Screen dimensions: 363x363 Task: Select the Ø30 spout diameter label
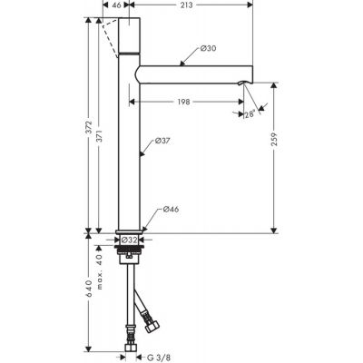point(207,48)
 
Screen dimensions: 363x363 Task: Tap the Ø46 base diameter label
point(170,211)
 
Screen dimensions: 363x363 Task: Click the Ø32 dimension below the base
point(132,240)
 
